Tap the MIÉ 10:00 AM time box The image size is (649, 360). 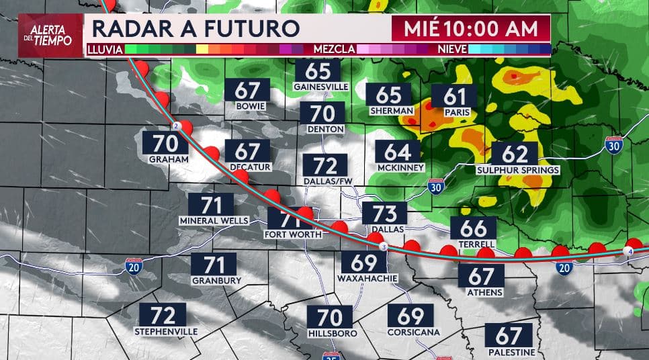pyautogui.click(x=471, y=29)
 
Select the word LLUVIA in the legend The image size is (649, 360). pyautogui.click(x=105, y=49)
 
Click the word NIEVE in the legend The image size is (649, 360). pyautogui.click(x=452, y=49)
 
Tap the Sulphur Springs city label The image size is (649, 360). pyautogui.click(x=517, y=171)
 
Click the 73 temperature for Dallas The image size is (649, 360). pyautogui.click(x=384, y=214)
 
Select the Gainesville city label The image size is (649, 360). pyautogui.click(x=321, y=87)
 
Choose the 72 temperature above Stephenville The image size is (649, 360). pyautogui.click(x=162, y=314)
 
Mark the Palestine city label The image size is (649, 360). pyautogui.click(x=512, y=353)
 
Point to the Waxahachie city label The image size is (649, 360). pyautogui.click(x=364, y=278)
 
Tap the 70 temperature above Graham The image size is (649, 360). pyautogui.click(x=165, y=143)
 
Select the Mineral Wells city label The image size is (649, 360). pyautogui.click(x=214, y=221)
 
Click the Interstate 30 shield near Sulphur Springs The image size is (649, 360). pyautogui.click(x=613, y=144)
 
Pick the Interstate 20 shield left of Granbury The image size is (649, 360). pyautogui.click(x=132, y=267)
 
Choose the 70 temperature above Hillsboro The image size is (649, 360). pyautogui.click(x=330, y=316)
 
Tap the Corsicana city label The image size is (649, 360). pyautogui.click(x=413, y=332)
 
